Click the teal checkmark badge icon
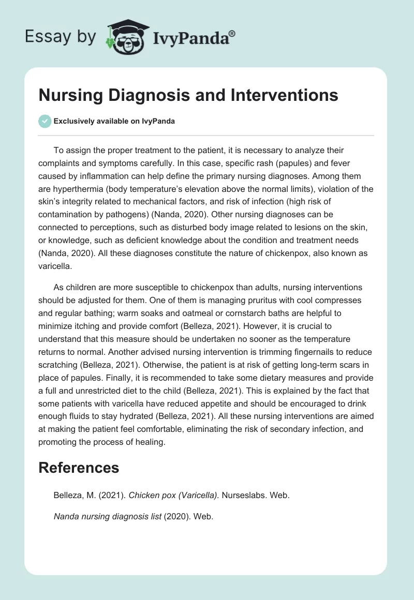pos(45,121)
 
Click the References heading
pos(79,468)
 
